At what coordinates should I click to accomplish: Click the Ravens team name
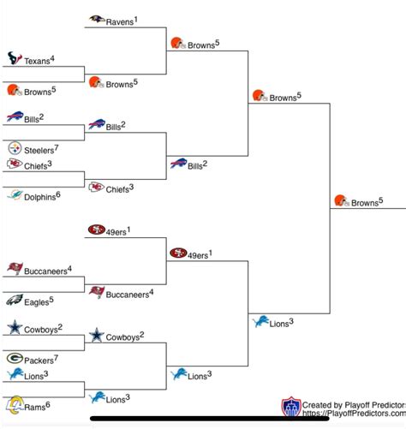pos(120,21)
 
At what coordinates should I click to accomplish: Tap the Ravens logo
pos(98,19)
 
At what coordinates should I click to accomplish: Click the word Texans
pos(37,62)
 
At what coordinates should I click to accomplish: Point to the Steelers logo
pos(15,148)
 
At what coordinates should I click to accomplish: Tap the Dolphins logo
pos(15,195)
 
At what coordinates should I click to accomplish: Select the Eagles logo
pos(15,300)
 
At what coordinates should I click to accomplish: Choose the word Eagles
pos(36,302)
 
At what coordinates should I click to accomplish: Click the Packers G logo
pos(15,358)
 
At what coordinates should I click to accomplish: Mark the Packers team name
pos(39,360)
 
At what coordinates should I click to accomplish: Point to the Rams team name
pos(35,407)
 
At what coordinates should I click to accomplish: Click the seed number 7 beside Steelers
pos(56,147)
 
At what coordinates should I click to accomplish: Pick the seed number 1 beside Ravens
pos(135,18)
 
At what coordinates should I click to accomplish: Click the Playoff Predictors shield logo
pos(290,407)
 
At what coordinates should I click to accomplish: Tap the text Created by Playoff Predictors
pos(351,403)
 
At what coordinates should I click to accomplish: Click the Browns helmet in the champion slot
pos(341,201)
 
